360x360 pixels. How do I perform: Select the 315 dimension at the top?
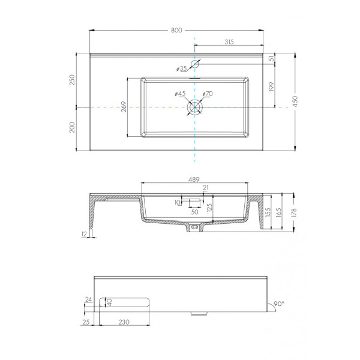coord(229,41)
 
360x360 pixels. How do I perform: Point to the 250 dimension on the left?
coord(72,80)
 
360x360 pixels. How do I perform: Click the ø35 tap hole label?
coord(182,68)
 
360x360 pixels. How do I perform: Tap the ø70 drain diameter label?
coord(207,94)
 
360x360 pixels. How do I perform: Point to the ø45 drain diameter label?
coord(180,94)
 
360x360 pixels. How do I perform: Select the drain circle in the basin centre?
coord(195,107)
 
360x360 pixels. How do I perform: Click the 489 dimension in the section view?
coord(194,179)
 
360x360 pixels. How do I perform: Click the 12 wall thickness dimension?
coord(83,233)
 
